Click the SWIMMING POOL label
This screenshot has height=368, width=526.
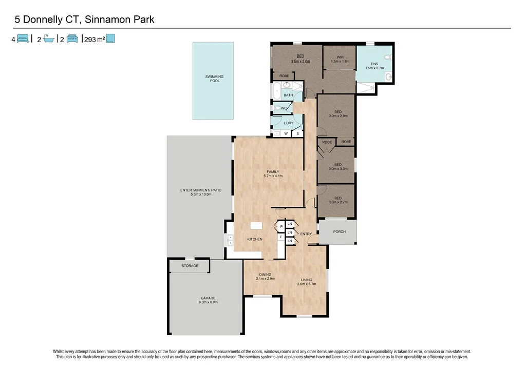215,79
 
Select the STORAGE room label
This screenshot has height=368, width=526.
190,266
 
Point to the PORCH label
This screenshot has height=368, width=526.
339,231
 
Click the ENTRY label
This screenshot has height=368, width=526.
306,234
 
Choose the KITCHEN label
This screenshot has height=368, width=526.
255,239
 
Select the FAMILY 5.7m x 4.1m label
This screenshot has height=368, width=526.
273,173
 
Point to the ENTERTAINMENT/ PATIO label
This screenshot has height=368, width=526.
201,192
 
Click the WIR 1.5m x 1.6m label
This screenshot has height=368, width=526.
340,59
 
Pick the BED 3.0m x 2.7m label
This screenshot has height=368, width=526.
338,200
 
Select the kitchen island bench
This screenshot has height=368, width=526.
256,225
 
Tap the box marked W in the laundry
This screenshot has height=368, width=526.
286,133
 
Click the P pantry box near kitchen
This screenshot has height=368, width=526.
281,226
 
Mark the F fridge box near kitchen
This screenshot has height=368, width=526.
281,237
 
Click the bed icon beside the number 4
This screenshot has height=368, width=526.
23,38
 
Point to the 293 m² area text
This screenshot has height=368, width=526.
94,39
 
